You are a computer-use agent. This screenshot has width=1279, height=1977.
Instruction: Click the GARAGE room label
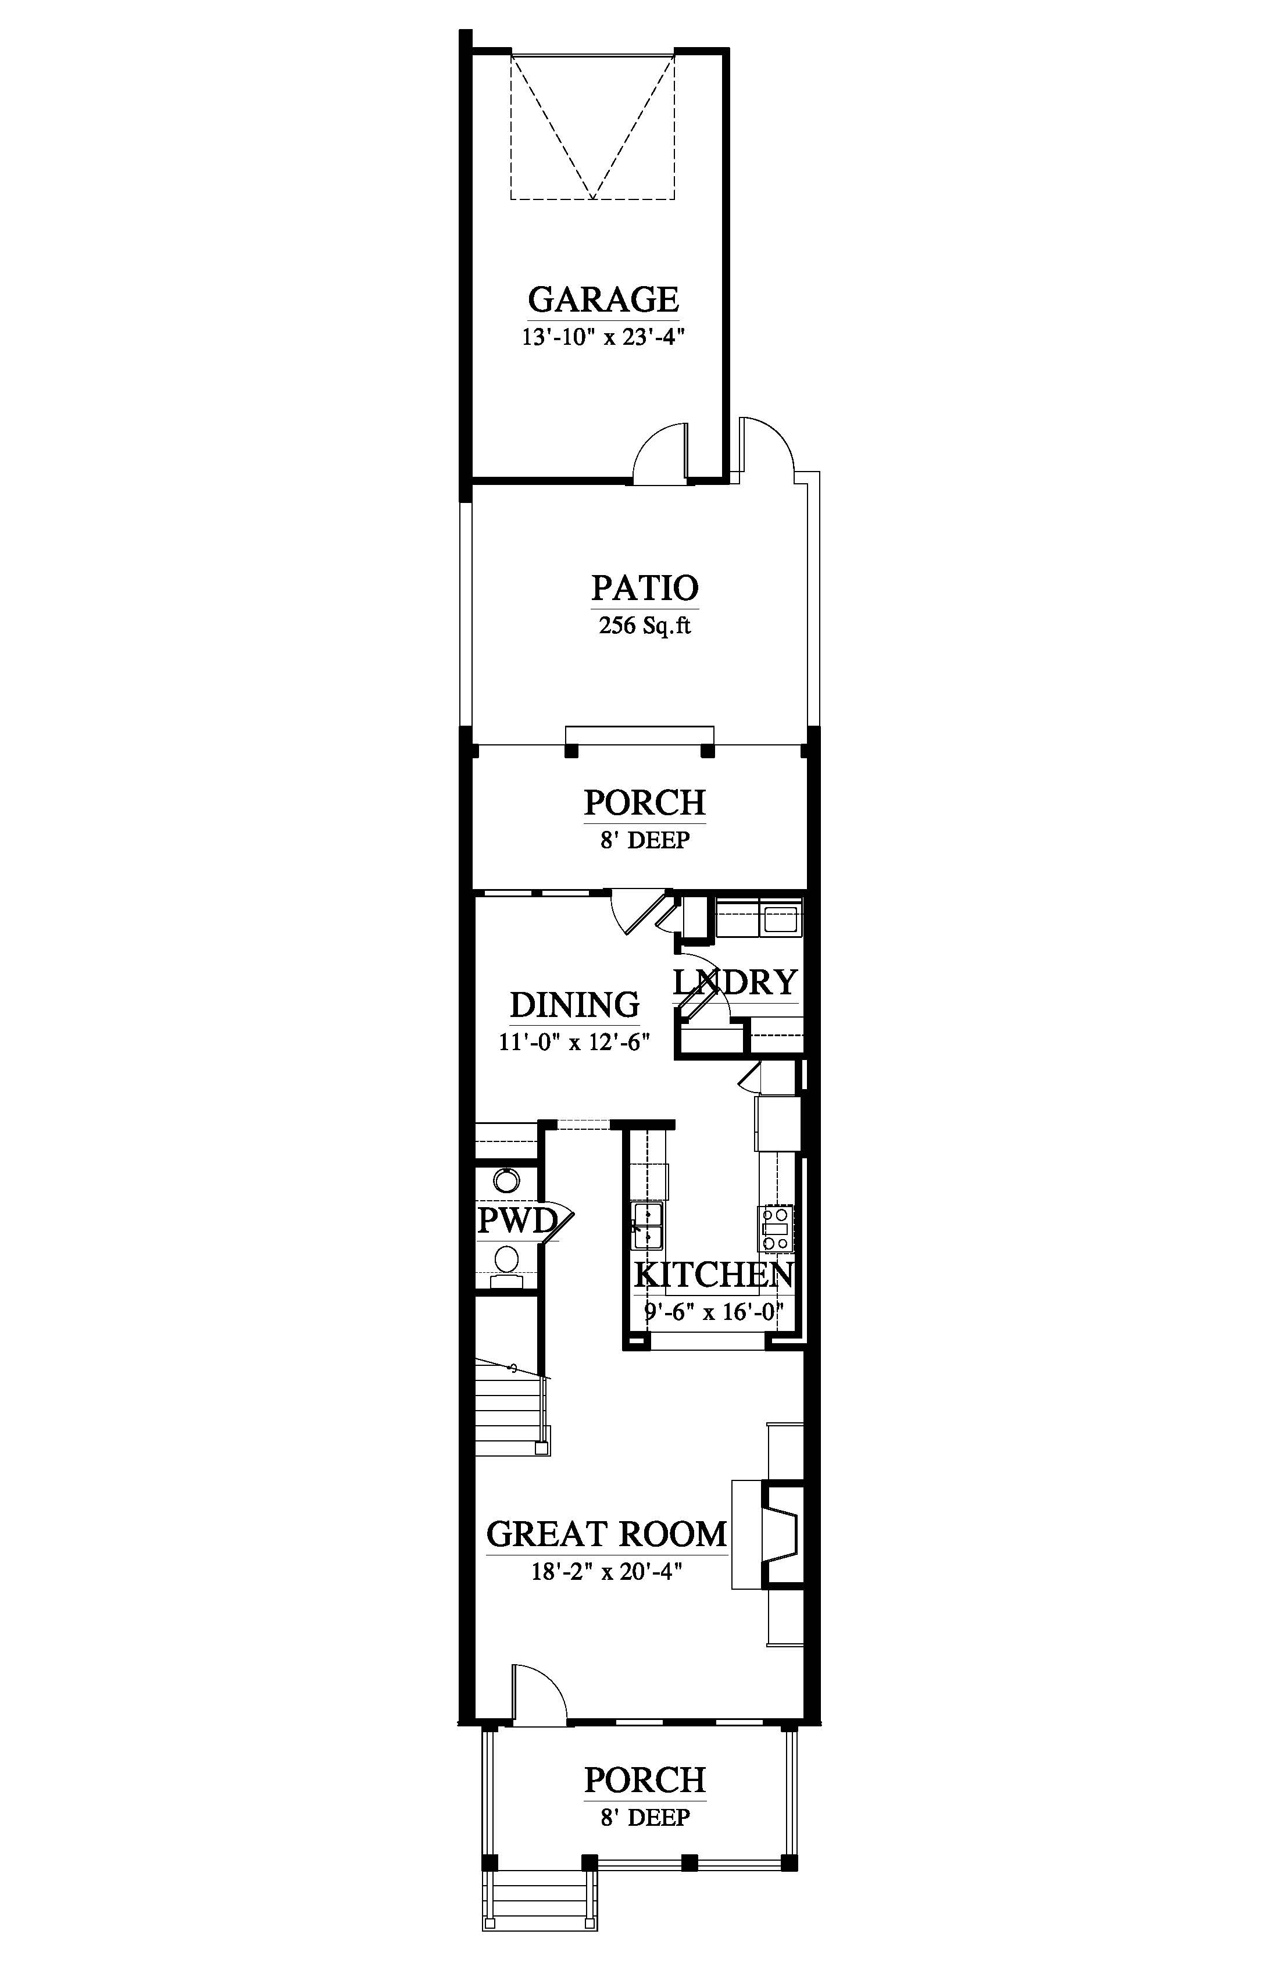click(x=604, y=299)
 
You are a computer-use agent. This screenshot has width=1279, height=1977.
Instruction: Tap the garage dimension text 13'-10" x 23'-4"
click(x=604, y=337)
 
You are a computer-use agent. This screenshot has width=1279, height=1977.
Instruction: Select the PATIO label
click(x=645, y=588)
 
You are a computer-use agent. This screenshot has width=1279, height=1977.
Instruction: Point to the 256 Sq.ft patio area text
click(x=645, y=626)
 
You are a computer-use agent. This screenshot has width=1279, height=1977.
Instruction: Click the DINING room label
click(x=575, y=1005)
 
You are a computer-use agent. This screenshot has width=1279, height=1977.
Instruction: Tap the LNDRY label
click(x=735, y=983)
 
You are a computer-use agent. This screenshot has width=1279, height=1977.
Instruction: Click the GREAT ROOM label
click(x=606, y=1535)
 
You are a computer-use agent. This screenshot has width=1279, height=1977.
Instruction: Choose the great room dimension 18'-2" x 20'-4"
click(x=606, y=1572)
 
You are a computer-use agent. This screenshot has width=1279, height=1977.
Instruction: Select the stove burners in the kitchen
click(x=776, y=1229)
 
